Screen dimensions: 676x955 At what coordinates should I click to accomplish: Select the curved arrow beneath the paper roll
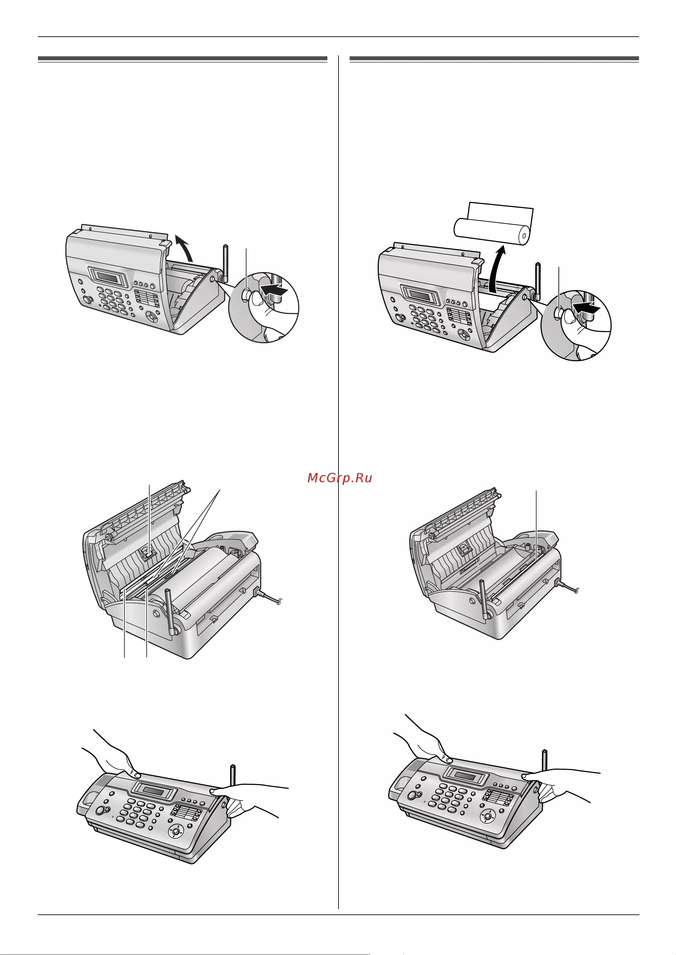pos(497,269)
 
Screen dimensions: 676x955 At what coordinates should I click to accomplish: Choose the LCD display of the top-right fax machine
pos(420,294)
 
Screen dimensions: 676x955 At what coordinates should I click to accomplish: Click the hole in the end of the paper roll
pos(524,236)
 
